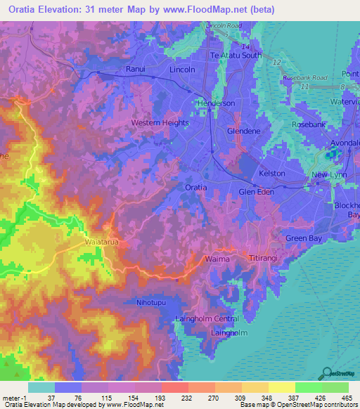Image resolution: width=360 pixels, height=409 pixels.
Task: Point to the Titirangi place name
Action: point(266,259)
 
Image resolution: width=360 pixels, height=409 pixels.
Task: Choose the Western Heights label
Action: point(160,123)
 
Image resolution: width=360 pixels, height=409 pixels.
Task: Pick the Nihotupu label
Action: point(149,302)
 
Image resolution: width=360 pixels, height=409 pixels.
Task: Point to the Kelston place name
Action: point(272,173)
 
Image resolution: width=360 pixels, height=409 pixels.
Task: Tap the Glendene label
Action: point(244,131)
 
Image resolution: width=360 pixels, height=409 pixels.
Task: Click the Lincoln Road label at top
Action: point(224,25)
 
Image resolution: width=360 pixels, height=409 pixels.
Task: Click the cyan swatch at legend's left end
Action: point(41,387)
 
